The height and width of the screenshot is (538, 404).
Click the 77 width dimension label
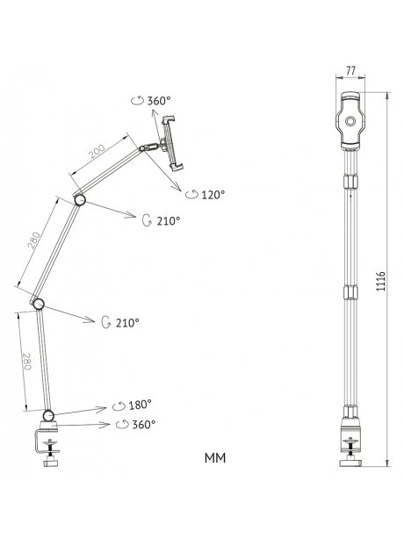tap(350, 70)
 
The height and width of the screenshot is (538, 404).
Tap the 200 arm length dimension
tap(97, 152)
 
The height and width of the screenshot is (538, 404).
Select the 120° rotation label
tap(213, 195)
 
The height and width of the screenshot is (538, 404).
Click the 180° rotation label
tap(140, 405)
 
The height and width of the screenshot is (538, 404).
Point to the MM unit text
tap(215, 458)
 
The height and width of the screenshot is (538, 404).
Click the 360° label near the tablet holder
tap(159, 101)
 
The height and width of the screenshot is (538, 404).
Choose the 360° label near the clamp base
tap(144, 425)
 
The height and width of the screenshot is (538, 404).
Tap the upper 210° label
tap(169, 221)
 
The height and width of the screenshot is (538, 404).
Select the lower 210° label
tap(127, 322)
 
